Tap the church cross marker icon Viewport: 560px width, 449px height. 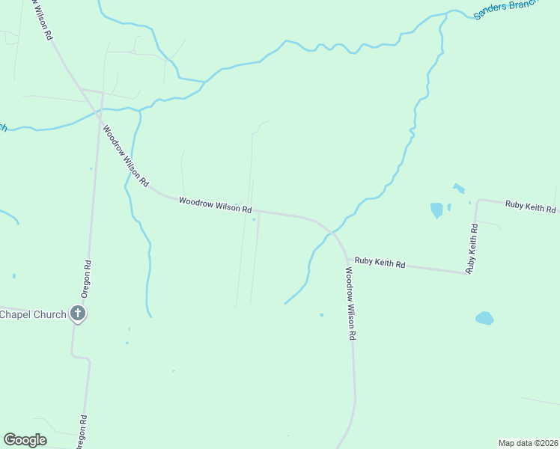point(78,314)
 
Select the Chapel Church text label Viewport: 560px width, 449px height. point(33,314)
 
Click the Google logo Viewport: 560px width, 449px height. point(25,440)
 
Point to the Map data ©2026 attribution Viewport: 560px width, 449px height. point(529,443)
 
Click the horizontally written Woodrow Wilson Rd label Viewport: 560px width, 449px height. point(215,204)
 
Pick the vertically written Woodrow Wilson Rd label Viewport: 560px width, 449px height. point(349,305)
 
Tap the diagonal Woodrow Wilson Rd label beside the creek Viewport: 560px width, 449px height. point(126,156)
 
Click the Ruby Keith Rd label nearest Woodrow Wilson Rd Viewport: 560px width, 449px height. point(380,263)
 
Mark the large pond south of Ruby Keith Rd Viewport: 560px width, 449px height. point(484,318)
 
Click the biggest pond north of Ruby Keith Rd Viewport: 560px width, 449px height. point(436,210)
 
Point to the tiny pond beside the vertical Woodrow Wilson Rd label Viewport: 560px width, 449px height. point(322,315)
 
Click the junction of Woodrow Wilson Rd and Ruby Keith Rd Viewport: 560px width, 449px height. point(346,259)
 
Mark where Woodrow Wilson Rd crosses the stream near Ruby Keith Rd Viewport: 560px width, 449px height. point(329,230)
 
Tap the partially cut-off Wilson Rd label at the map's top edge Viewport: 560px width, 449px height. point(42,19)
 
